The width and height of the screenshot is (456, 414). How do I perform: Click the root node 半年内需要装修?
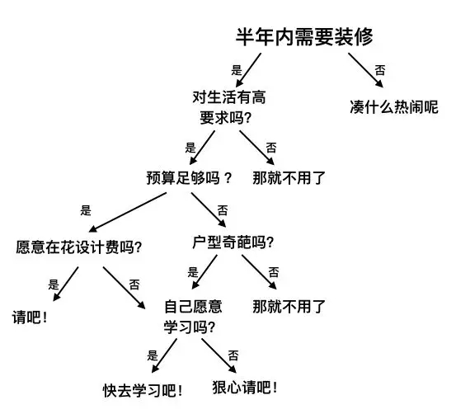304,37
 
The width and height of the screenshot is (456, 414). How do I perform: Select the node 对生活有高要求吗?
229,107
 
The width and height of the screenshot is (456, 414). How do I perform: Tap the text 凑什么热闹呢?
394,107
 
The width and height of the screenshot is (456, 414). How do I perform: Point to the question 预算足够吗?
189,178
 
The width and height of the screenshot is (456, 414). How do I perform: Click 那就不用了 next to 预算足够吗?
289,178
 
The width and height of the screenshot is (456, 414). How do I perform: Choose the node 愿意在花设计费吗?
78,247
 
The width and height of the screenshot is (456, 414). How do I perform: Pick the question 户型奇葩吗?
233,242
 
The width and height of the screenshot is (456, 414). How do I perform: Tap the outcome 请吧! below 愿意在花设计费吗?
30,317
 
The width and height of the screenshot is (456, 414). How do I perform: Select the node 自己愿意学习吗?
193,318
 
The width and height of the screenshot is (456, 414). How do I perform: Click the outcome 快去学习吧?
143,390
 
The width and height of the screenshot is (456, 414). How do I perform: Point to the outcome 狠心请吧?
245,388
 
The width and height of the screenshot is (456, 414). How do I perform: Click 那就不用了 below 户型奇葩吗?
289,307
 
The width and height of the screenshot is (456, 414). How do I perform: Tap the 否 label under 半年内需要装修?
380,70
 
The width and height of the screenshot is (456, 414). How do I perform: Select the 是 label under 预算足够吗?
86,210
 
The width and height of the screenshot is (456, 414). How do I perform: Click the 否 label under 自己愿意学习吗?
233,355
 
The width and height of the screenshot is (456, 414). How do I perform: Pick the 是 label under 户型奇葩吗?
193,272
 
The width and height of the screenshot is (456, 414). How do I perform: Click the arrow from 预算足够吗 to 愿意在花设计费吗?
128,213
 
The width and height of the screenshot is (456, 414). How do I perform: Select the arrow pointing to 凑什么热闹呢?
366,70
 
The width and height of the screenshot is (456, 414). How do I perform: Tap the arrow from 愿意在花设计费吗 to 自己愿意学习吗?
125,288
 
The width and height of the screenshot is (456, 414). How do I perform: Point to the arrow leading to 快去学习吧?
164,355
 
